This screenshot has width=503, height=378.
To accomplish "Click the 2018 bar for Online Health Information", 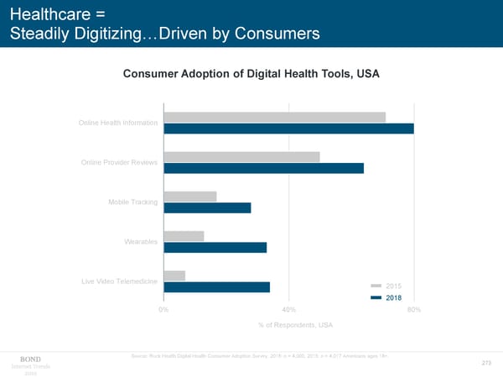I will coord(289,129).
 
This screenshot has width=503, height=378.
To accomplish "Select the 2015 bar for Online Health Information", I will coord(275,118).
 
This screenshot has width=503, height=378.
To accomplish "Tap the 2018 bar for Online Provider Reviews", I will coord(264,168).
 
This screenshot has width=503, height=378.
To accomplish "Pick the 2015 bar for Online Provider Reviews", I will coord(242,157).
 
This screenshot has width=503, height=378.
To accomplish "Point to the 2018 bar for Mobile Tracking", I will coord(208,207).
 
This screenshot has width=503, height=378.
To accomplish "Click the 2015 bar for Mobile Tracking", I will coord(190,197).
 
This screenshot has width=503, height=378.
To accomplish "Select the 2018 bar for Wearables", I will coord(215,247).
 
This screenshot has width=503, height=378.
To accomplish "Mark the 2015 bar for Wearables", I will coord(184,236).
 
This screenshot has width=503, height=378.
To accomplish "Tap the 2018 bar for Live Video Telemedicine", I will coord(217,286).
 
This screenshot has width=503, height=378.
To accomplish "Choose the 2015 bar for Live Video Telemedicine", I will coord(175,276).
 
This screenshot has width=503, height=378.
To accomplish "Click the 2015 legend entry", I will coord(386,286).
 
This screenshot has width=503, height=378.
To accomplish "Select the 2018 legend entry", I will coord(386,297).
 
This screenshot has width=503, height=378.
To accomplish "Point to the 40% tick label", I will coord(288,310).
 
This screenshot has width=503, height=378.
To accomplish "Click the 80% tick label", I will coord(412,310).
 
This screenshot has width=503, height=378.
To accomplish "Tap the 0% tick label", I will coord(164,310).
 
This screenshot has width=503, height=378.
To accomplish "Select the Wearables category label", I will coord(141,242).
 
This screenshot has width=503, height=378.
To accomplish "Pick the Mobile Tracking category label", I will coord(132,202).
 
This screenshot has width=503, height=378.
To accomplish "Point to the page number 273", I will coord(485,363).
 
